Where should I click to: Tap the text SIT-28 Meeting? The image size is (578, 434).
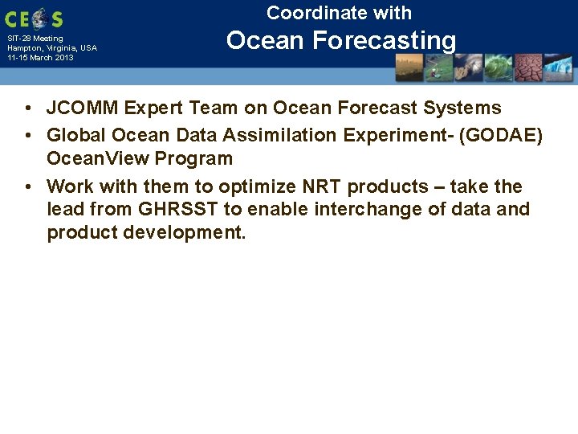35,38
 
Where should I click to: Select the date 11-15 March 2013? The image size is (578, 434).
40,58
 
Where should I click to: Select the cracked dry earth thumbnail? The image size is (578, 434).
527,68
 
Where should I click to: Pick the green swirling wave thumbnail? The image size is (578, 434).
498,68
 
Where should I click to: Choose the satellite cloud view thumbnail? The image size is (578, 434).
468,68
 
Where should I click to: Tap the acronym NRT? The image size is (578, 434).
321,187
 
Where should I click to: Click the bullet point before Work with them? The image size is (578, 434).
27,187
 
